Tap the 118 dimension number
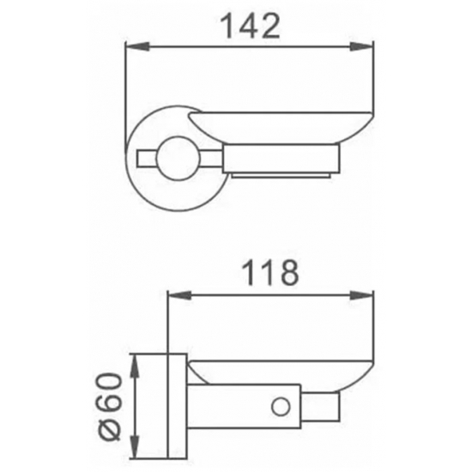click(x=268, y=272)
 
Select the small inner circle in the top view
click(x=184, y=156)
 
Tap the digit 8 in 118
click(x=287, y=272)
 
